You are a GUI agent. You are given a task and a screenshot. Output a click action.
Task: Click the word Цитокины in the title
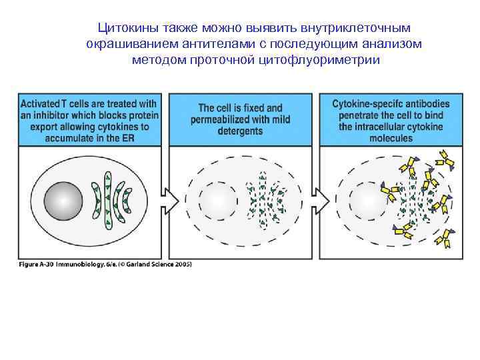[x=123, y=29]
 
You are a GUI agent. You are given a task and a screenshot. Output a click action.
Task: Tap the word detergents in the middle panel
[x=240, y=132]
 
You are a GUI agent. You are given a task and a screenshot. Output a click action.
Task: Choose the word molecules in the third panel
[x=391, y=138]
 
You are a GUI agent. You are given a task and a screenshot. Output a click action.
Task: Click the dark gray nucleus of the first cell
[x=64, y=200]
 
